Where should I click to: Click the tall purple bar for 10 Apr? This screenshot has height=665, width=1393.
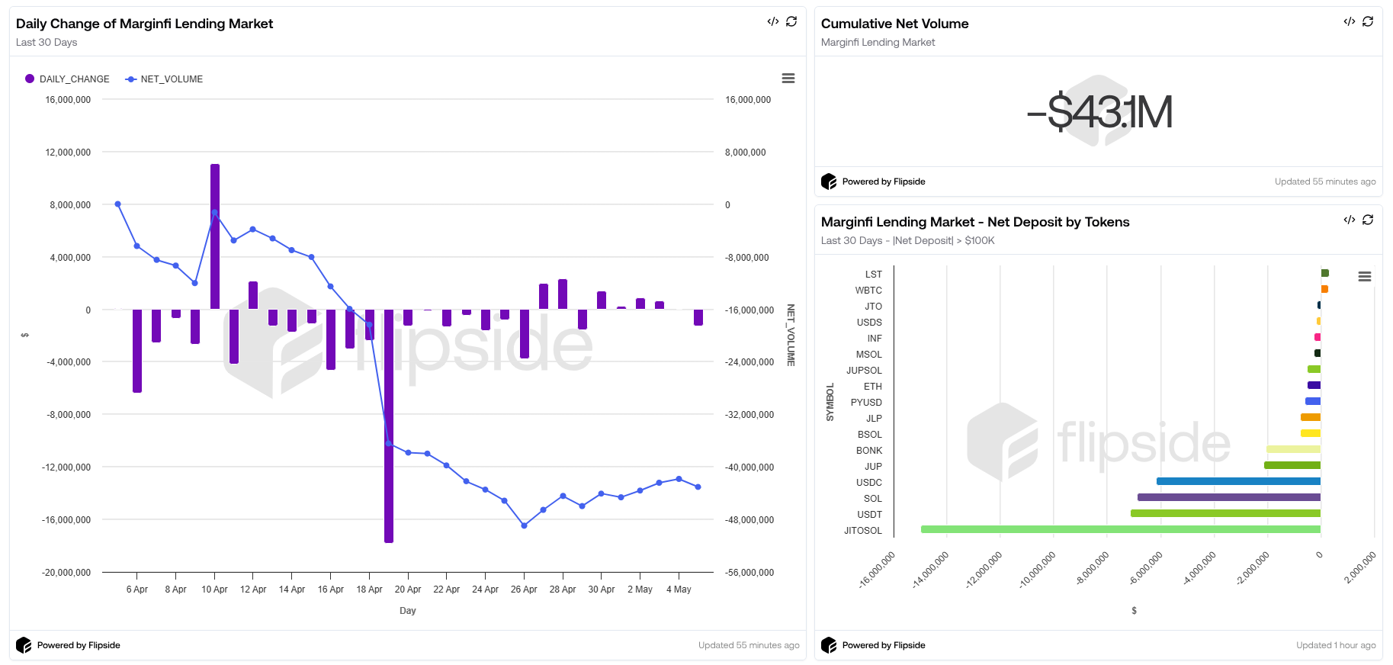215,236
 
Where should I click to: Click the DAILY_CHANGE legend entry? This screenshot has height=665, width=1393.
68,79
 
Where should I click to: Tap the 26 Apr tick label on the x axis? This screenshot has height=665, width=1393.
524,590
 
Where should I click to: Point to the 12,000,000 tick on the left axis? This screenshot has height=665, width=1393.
68,153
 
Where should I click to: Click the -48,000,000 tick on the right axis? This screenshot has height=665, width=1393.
749,520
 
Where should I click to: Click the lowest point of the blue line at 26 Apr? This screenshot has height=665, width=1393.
524,525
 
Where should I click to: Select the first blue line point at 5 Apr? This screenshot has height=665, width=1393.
117,204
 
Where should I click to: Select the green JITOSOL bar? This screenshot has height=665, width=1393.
1120,529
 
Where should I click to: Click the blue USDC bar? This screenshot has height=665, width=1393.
1238,481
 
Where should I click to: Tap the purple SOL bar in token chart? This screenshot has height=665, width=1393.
1228,497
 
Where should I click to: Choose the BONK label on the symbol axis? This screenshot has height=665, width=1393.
868,451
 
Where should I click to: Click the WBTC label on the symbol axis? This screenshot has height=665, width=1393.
868,291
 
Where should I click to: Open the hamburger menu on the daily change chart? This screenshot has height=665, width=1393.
788,79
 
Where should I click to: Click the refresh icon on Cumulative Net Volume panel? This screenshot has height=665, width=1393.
1368,21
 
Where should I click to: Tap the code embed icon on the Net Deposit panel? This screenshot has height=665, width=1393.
1349,220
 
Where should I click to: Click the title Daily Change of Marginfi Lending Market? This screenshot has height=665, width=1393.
144,24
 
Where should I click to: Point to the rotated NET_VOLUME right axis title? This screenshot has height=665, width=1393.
791,335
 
